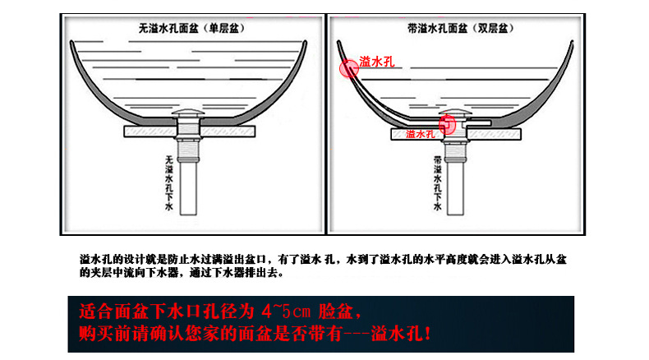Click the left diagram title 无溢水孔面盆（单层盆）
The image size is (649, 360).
tap(192, 29)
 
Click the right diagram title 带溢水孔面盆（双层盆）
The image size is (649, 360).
tap(461, 29)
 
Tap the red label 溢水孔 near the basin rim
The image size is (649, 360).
tap(376, 62)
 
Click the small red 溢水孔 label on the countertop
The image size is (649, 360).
tap(420, 134)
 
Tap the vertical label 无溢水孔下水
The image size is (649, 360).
tap(169, 182)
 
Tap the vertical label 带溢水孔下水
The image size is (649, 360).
tap(438, 182)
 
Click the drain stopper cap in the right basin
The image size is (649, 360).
tap(456, 113)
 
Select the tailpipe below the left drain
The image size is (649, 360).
tap(188, 187)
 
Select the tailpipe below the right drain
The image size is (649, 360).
tap(455, 187)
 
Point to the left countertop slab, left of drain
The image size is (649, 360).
tap(150, 132)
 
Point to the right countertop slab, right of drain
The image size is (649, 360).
tap(494, 134)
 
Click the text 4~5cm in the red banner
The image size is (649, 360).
tap(286, 312)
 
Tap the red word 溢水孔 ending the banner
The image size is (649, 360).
tap(397, 334)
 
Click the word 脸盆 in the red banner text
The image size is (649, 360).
tap(336, 312)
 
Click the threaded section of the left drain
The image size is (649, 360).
tap(188, 150)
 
